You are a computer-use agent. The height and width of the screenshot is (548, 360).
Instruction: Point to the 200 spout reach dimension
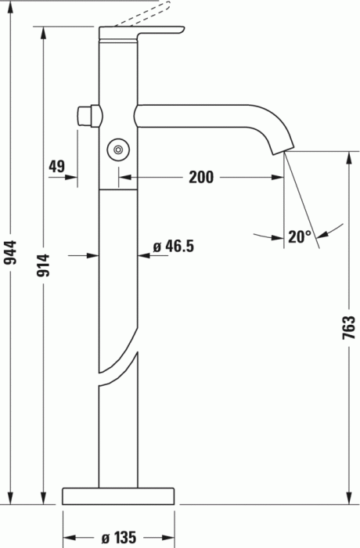tap(200, 177)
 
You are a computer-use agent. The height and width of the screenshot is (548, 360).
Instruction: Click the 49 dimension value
tap(56, 166)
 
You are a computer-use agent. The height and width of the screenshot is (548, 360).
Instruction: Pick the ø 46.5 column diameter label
tap(173, 247)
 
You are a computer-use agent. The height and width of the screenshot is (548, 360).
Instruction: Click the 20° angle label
tap(298, 236)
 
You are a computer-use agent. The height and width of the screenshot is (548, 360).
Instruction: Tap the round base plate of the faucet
tap(119, 495)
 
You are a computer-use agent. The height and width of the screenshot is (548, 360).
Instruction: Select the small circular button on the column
tap(118, 148)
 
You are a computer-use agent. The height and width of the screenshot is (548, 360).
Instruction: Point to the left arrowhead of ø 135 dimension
tap(67, 537)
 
